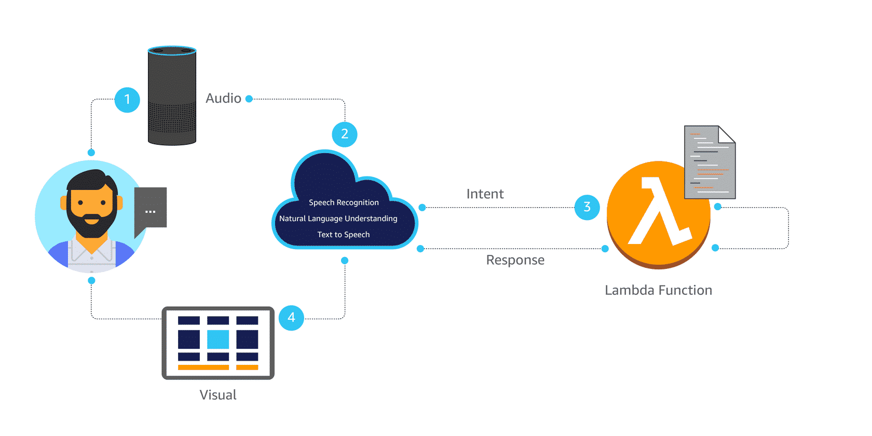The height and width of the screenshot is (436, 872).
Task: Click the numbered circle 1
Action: point(127,100)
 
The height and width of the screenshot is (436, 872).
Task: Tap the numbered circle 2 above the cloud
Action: point(345,134)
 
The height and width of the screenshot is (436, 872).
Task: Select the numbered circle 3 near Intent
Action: point(587,207)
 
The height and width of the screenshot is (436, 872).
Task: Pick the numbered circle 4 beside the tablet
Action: point(291,318)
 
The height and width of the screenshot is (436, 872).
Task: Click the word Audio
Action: point(223,98)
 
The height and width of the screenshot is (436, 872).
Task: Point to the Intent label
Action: point(485,194)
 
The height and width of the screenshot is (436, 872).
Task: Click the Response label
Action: point(515,260)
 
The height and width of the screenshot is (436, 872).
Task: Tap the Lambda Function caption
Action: point(658,290)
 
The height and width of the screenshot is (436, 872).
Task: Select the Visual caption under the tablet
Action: point(218,395)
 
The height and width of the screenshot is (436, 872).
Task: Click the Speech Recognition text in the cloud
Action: point(344,202)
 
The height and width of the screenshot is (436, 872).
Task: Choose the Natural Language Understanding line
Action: point(338,219)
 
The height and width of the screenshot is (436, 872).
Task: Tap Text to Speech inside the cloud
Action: point(344,235)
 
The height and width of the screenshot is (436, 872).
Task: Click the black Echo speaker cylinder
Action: point(172,99)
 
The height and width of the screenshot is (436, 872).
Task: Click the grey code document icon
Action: point(710,163)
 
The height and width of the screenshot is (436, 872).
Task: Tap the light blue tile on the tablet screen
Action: point(218,339)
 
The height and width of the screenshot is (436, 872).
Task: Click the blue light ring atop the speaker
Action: point(172,51)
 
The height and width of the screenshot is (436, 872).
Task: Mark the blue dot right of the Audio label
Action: point(249,99)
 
